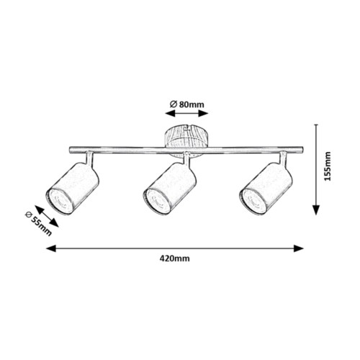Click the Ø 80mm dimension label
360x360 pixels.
coord(187,104)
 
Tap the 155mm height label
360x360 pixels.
coord(327,166)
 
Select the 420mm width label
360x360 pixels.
coord(175,258)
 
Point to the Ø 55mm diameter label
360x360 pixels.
coord(39,224)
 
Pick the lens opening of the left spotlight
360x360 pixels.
coord(59,201)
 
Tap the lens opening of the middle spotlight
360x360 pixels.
coord(156,201)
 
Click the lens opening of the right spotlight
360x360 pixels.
coord(253,201)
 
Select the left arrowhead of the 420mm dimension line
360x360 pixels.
coord(51,248)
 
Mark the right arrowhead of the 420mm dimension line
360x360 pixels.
coord(299,248)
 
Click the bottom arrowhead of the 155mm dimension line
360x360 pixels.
coord(317,210)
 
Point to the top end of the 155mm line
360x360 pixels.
coord(317,125)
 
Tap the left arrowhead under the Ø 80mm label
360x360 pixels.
coord(170,113)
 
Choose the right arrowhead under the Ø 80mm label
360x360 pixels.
coord(203,113)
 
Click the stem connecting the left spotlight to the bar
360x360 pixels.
coord(89,159)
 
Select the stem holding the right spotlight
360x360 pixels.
coord(283,159)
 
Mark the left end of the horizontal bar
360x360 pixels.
coord(70,150)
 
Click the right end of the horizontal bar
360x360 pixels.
coord(302,150)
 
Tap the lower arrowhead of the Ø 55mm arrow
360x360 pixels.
coord(55,223)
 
